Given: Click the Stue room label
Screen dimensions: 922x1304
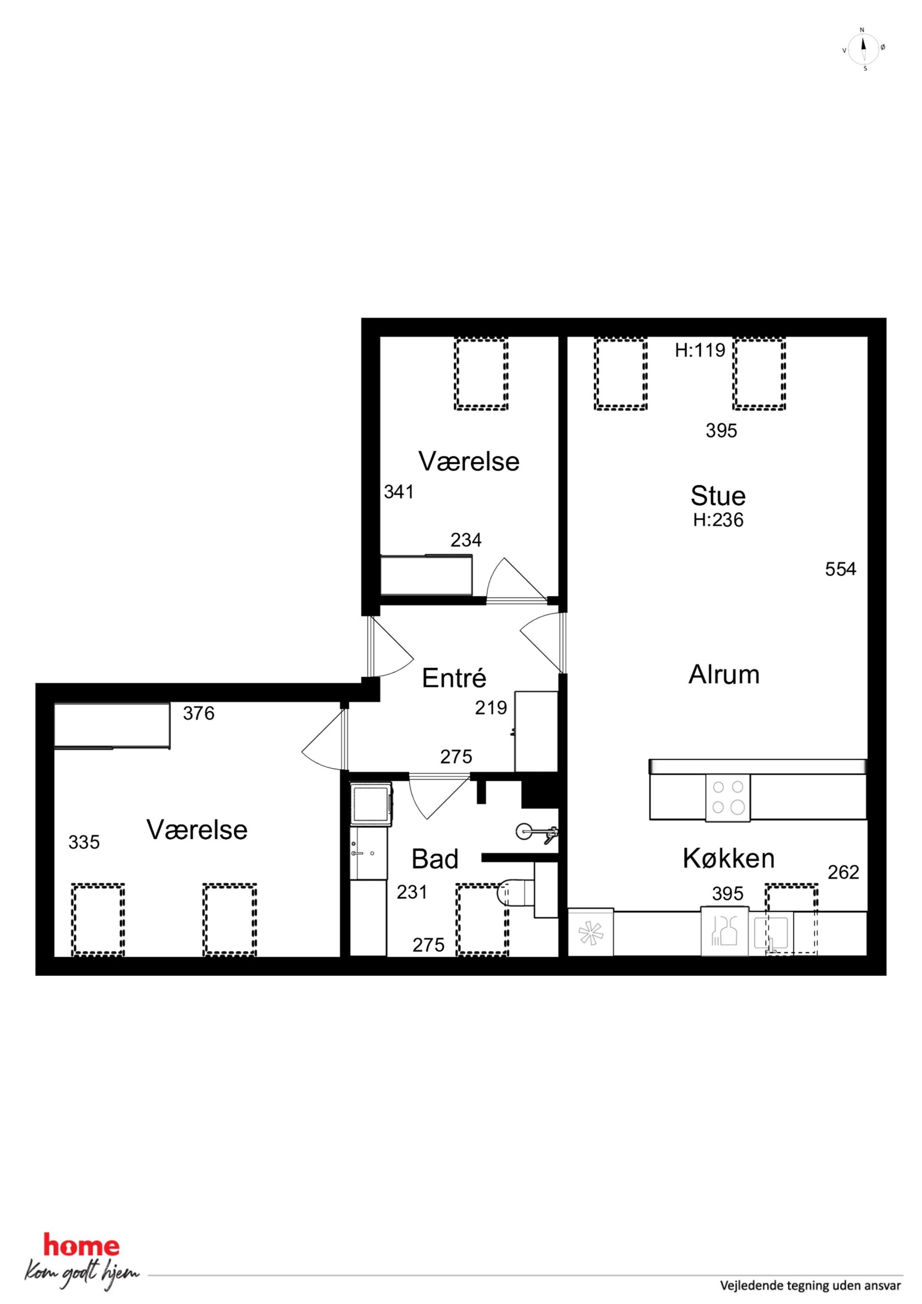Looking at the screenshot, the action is pyautogui.click(x=718, y=496).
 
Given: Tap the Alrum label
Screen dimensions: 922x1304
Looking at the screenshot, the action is pyautogui.click(x=724, y=675).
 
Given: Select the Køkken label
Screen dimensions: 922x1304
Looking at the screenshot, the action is pyautogui.click(x=729, y=858).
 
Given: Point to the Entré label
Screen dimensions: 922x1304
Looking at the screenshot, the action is pyautogui.click(x=454, y=678).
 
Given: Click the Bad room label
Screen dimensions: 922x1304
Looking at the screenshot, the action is pyautogui.click(x=435, y=859).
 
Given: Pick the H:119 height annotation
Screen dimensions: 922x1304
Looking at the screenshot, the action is pyautogui.click(x=700, y=350).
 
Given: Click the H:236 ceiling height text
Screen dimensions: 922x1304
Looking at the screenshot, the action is pyautogui.click(x=718, y=520).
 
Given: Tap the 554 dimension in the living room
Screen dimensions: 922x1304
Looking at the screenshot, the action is pyautogui.click(x=840, y=569).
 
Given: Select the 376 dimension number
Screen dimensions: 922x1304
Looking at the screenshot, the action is pyautogui.click(x=199, y=713).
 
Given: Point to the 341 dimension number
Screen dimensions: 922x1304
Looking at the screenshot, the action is pyautogui.click(x=399, y=492).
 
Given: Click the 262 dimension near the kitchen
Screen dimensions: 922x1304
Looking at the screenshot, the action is pyautogui.click(x=843, y=872).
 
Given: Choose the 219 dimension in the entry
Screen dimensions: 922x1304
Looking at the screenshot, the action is pyautogui.click(x=491, y=708).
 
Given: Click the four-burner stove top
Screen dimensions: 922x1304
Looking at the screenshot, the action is pyautogui.click(x=728, y=797).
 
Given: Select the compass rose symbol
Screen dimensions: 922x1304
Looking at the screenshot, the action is pyautogui.click(x=863, y=49).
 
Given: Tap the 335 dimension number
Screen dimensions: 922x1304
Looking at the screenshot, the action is pyautogui.click(x=84, y=842).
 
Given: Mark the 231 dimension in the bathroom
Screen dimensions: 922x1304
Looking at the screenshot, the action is pyautogui.click(x=412, y=892).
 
